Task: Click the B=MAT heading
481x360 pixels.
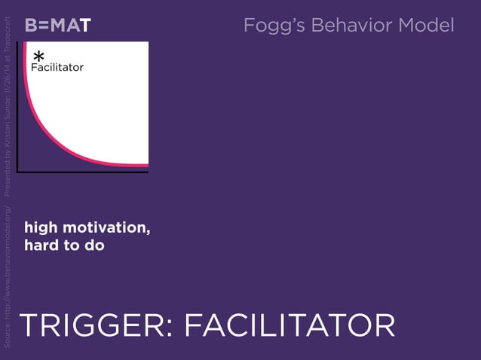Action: pyautogui.click(x=57, y=26)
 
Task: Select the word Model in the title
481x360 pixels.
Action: pyautogui.click(x=426, y=26)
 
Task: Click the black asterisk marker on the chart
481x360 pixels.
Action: pyautogui.click(x=38, y=57)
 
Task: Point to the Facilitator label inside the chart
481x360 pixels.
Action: pyautogui.click(x=57, y=68)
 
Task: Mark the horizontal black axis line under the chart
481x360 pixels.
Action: pyautogui.click(x=83, y=172)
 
